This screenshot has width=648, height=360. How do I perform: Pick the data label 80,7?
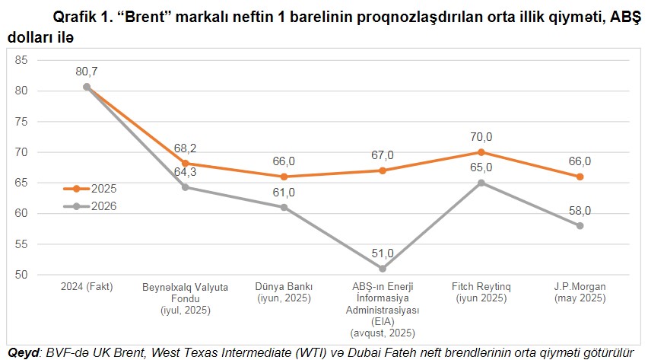(x=87, y=72)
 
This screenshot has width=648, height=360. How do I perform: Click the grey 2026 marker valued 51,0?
(x=383, y=269)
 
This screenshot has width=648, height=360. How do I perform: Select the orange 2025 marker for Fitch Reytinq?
(x=481, y=152)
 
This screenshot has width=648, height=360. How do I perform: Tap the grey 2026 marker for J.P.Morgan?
(x=580, y=226)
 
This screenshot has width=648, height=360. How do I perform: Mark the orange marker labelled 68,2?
(x=186, y=163)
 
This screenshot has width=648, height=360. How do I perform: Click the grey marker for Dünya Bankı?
(x=284, y=207)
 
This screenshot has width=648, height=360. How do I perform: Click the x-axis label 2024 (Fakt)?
(x=87, y=287)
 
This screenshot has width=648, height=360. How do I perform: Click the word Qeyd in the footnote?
(x=21, y=352)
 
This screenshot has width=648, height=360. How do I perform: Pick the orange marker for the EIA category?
(x=383, y=170)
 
